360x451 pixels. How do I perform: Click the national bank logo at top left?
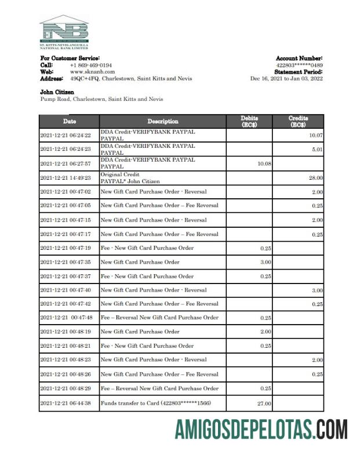pyautogui.click(x=64, y=31)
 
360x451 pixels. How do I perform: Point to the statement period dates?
pyautogui.click(x=286, y=78)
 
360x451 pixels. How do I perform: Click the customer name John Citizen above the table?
pyautogui.click(x=57, y=92)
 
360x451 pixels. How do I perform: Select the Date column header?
pyautogui.click(x=69, y=121)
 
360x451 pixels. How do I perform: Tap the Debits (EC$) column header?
pyautogui.click(x=249, y=121)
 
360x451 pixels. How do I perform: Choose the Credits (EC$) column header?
pyautogui.click(x=298, y=121)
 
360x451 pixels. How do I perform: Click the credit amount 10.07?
pyautogui.click(x=315, y=135)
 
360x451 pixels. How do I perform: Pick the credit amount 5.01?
pyautogui.click(x=317, y=149)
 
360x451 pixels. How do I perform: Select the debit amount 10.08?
pyautogui.click(x=264, y=163)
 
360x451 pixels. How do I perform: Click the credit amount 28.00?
pyautogui.click(x=316, y=178)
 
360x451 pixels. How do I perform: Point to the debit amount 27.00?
pyautogui.click(x=264, y=403)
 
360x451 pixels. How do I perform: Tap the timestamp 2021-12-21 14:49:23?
pyautogui.click(x=66, y=178)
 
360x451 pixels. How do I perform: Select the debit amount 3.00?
pyautogui.click(x=266, y=262)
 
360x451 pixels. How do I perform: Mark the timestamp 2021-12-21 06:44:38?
pyautogui.click(x=66, y=403)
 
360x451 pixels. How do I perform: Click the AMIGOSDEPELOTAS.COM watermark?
pyautogui.click(x=261, y=430)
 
